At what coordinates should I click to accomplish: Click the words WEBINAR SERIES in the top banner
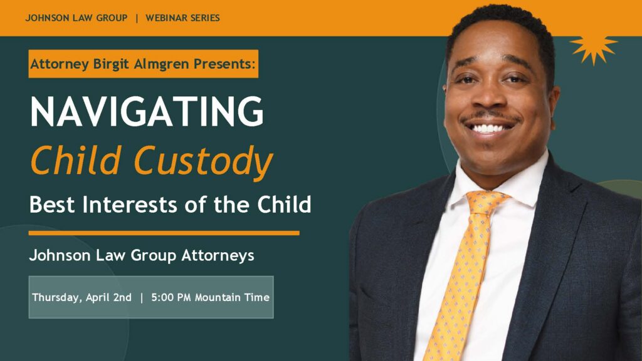(x=182, y=18)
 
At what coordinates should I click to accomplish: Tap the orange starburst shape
(x=593, y=47)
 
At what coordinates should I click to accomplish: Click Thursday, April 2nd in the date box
(x=82, y=297)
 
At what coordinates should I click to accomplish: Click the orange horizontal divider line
(x=164, y=233)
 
